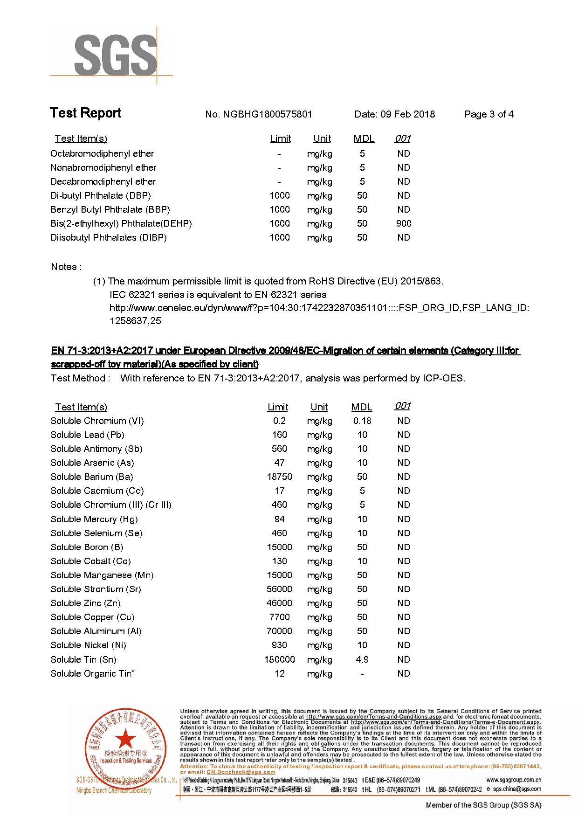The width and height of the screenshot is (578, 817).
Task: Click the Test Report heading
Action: (85, 113)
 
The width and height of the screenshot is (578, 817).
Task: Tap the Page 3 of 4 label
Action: (489, 114)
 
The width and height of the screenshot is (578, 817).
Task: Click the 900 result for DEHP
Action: (404, 223)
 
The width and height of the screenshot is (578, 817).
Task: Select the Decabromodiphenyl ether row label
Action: (103, 181)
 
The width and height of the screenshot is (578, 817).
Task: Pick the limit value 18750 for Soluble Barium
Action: (279, 477)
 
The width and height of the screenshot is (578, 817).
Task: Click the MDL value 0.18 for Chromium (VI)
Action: (362, 421)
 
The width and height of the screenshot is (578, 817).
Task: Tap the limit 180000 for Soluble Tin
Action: (279, 659)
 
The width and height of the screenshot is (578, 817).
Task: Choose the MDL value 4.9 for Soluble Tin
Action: (362, 659)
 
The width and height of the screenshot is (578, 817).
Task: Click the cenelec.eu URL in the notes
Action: (319, 308)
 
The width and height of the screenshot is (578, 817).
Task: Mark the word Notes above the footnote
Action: (64, 267)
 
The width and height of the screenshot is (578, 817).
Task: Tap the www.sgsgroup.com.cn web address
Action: (514, 780)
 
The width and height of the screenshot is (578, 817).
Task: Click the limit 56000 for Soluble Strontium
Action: (279, 589)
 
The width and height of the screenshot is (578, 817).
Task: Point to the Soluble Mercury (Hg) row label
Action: (94, 519)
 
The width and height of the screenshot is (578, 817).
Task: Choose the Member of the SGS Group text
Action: (483, 805)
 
